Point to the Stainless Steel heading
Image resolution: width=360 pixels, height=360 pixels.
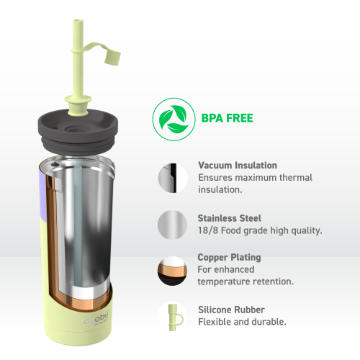point(230,217)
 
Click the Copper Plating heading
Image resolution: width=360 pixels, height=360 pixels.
point(229,257)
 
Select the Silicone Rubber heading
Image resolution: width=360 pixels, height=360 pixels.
point(230,310)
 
